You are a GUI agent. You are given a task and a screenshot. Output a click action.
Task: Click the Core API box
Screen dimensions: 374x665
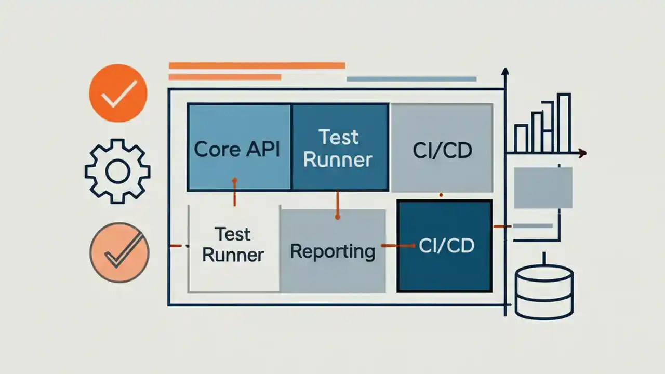(x=238, y=147)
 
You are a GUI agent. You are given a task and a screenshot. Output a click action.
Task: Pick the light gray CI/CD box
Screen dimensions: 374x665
(x=442, y=148)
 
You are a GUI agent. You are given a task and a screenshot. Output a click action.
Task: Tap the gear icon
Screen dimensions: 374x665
(x=117, y=171)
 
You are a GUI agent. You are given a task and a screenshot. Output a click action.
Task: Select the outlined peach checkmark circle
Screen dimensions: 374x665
(x=119, y=252)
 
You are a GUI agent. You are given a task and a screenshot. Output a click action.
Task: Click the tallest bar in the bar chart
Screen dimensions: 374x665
(x=564, y=123)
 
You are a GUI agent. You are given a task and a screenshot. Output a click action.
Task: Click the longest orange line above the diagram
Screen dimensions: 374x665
(x=257, y=65)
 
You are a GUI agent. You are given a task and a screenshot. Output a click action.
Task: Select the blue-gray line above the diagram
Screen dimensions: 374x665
(x=411, y=79)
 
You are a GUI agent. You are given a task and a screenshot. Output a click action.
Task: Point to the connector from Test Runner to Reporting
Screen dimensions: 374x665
(x=337, y=204)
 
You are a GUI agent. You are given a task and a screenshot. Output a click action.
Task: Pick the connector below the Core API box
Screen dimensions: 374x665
(x=234, y=192)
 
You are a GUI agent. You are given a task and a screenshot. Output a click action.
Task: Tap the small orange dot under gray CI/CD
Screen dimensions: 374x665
(x=441, y=195)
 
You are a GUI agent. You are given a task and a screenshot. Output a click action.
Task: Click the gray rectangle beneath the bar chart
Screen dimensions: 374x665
(x=543, y=188)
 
